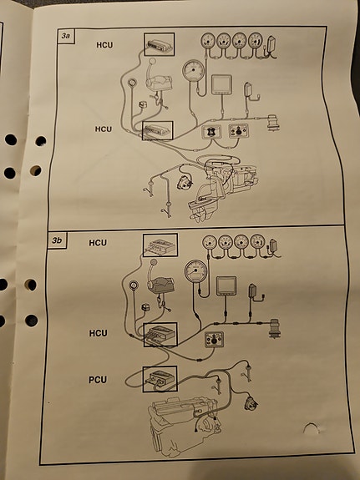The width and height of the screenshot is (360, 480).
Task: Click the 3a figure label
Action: point(65,36)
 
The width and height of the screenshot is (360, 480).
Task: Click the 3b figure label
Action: point(57,240)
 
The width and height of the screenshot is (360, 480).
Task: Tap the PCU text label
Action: point(98,380)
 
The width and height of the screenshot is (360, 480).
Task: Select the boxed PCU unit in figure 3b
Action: point(160,379)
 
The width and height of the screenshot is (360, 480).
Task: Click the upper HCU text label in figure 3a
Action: point(104,45)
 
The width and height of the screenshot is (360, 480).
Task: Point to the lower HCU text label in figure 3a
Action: point(104,129)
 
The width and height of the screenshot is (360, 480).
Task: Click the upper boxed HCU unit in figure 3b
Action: point(160,245)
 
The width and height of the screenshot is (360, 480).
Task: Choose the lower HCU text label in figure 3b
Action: point(98,333)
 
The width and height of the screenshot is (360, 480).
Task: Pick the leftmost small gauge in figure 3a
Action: point(208,41)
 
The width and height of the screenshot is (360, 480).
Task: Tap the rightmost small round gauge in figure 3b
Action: point(257,241)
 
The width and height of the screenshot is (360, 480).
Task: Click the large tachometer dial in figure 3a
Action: point(193,70)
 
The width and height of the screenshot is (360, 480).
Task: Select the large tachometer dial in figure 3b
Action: point(195,271)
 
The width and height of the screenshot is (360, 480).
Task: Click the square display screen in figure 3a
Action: point(221,84)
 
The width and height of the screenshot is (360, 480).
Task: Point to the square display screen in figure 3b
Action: point(226,286)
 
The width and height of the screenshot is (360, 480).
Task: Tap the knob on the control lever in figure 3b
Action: point(154,262)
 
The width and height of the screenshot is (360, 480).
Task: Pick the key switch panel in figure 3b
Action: point(214,340)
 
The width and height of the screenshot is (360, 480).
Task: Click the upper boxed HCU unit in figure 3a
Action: point(160,44)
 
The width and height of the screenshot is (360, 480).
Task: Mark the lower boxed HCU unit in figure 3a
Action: point(158,131)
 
